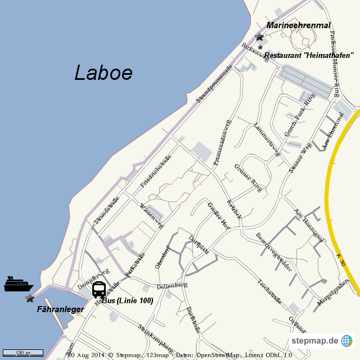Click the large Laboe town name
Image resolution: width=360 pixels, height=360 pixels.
pyautogui.click(x=103, y=73)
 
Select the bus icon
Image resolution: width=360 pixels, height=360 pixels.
pyautogui.click(x=98, y=290)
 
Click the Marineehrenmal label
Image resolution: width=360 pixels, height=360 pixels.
pyautogui.click(x=299, y=25)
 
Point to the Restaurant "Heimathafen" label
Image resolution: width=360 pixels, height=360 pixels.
pyautogui.click(x=309, y=55)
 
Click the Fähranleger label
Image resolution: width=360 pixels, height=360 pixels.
pyautogui.click(x=61, y=309)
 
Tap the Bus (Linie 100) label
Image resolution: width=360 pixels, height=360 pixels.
pyautogui.click(x=128, y=301)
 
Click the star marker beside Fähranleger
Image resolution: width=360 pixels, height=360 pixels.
pyautogui.click(x=29, y=298)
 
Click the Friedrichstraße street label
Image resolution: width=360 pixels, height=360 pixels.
pyautogui.click(x=156, y=170)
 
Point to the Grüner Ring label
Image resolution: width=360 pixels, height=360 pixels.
pyautogui.click(x=248, y=178)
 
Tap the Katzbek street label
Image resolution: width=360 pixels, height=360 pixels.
pyautogui.click(x=234, y=209)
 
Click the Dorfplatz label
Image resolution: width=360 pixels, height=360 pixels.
pyautogui.click(x=199, y=245)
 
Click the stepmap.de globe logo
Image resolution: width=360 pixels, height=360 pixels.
pyautogui.click(x=346, y=341)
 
